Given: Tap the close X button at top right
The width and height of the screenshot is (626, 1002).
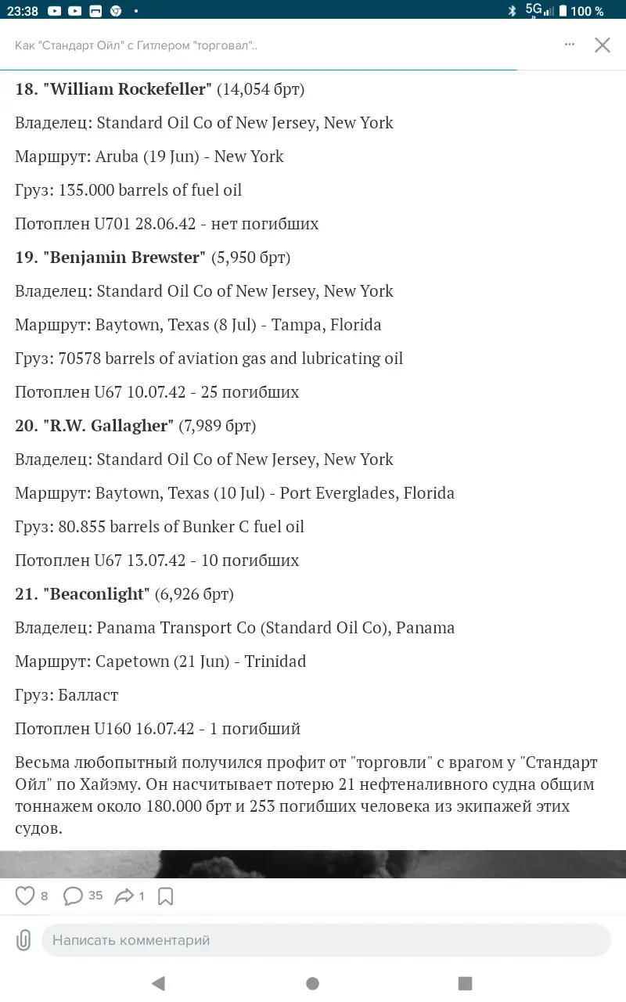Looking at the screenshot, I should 602,45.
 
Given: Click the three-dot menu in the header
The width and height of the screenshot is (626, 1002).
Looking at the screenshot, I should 570,45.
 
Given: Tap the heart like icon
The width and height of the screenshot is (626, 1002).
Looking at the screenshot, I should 26,896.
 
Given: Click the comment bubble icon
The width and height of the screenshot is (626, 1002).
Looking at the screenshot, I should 73,896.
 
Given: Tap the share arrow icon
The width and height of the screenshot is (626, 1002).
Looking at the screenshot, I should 124,896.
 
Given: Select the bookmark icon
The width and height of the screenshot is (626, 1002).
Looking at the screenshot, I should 165,896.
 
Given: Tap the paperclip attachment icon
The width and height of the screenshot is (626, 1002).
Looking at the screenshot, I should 23,940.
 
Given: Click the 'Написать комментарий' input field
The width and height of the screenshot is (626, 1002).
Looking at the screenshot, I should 326,940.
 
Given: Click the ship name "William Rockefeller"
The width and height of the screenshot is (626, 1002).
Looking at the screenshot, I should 130,89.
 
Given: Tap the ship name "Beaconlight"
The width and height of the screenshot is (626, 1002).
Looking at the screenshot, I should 98,594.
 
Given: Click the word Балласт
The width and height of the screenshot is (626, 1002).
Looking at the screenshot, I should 88,695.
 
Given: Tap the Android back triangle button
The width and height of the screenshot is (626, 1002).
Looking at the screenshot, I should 159,983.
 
